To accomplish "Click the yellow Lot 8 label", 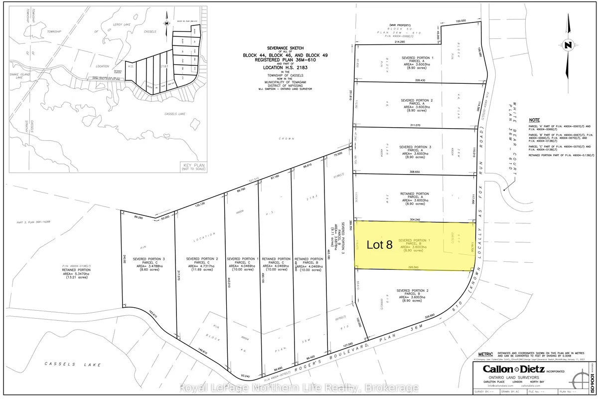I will [x=380, y=245].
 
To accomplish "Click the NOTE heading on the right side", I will [x=534, y=120].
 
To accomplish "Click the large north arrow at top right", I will [x=568, y=45].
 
